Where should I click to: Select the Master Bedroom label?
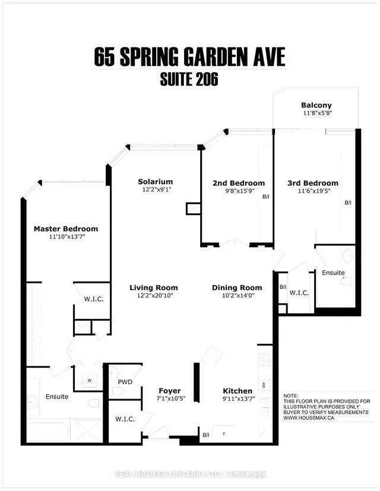click(x=66, y=229)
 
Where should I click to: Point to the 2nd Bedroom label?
click(x=239, y=183)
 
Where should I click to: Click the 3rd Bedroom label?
click(x=312, y=183)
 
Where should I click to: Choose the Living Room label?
click(x=154, y=288)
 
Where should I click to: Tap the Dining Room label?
click(x=237, y=288)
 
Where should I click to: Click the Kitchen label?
click(x=237, y=391)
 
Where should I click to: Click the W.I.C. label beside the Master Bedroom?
click(x=93, y=299)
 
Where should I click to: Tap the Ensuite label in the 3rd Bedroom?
click(x=334, y=273)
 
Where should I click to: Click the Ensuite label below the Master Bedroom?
click(x=57, y=396)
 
